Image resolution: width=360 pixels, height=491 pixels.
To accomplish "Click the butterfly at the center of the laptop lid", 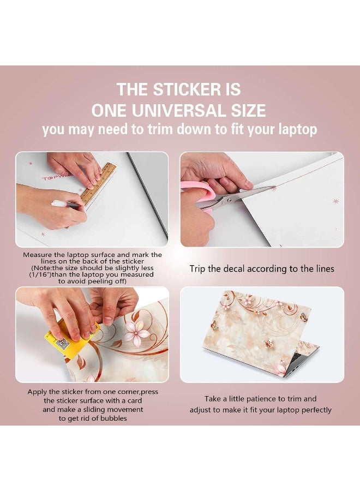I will pyautogui.click(x=268, y=344).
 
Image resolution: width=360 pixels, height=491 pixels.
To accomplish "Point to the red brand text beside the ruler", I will pyautogui.click(x=52, y=178).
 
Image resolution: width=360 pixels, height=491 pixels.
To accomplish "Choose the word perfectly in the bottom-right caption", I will pyautogui.click(x=314, y=410).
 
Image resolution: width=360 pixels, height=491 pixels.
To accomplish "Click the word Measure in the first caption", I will pyautogui.click(x=39, y=255).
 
